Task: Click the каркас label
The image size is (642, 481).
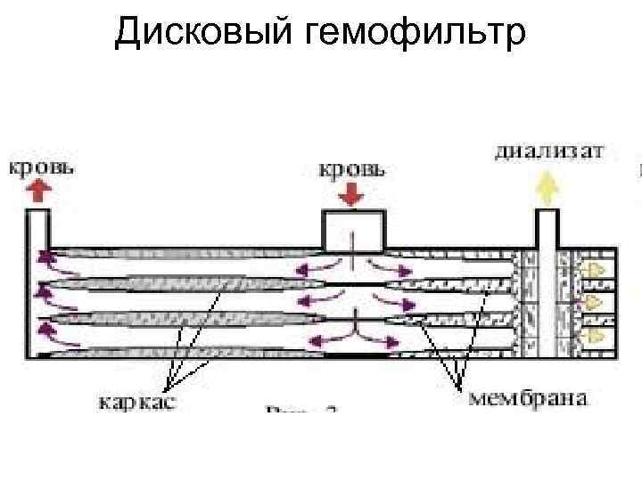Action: click(x=137, y=402)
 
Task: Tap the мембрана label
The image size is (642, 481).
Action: click(x=529, y=397)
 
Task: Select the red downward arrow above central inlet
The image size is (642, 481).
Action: click(x=352, y=193)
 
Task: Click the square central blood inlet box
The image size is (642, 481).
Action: click(x=353, y=230)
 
